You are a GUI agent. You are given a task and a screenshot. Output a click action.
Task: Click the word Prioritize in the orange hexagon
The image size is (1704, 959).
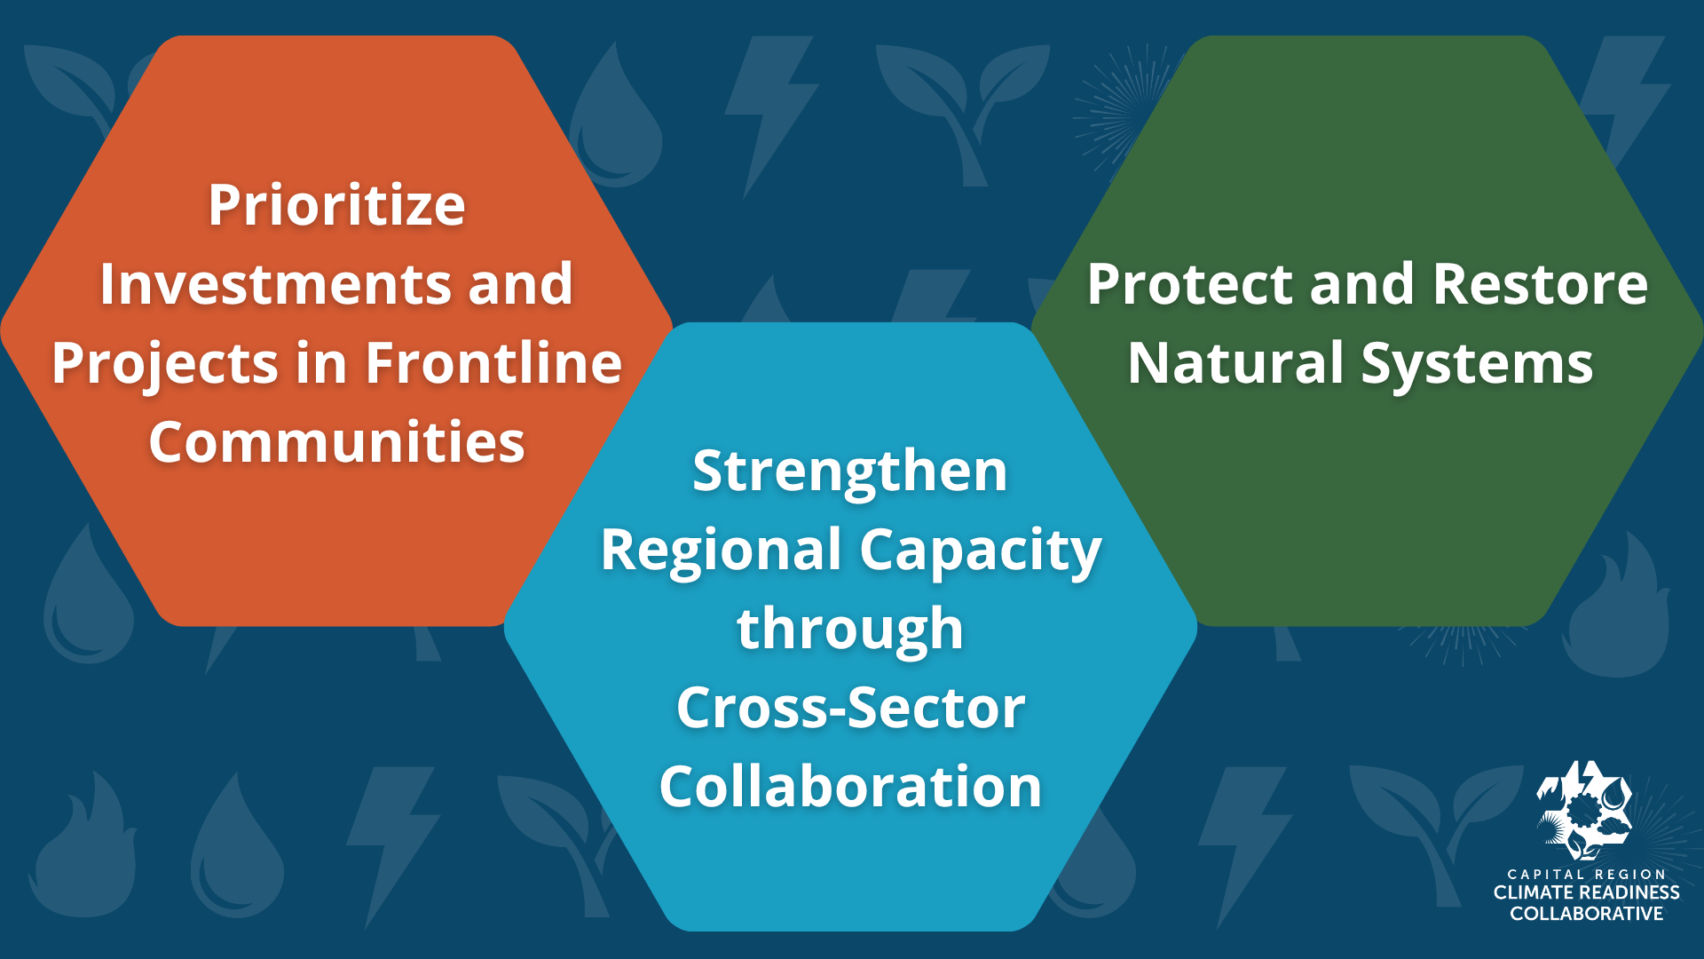[x=336, y=206]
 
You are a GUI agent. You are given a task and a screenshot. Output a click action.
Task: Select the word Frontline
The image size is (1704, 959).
[x=493, y=363]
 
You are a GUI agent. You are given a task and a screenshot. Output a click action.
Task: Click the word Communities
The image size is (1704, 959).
[x=336, y=442]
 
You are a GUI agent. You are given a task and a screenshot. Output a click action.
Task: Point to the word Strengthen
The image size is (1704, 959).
[x=849, y=472]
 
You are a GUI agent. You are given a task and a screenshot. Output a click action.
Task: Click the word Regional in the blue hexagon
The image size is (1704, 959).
[x=721, y=551]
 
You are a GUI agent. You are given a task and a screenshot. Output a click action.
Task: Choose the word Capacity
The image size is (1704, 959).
[x=980, y=551]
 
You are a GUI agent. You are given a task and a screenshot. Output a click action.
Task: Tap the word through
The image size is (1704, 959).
[x=849, y=630]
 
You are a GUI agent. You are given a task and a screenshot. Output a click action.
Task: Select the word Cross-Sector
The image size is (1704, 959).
[x=850, y=708]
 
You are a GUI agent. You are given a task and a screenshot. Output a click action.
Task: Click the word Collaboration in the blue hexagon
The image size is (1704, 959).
[x=850, y=787]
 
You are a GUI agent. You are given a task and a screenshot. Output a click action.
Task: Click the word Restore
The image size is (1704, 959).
[x=1540, y=284]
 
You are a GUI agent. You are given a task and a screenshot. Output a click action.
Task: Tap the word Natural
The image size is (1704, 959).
[x=1235, y=363]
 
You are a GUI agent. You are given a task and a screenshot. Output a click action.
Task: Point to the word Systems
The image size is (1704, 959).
[x=1477, y=365]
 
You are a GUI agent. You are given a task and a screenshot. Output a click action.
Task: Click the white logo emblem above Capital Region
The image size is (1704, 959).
[x=1585, y=810]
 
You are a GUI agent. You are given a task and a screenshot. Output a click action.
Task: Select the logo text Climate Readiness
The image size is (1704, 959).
[x=1586, y=892]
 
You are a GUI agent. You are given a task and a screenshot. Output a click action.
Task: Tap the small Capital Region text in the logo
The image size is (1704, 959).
[x=1586, y=874]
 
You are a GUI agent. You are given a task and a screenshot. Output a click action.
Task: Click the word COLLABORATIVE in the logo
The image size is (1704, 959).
[x=1586, y=914]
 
